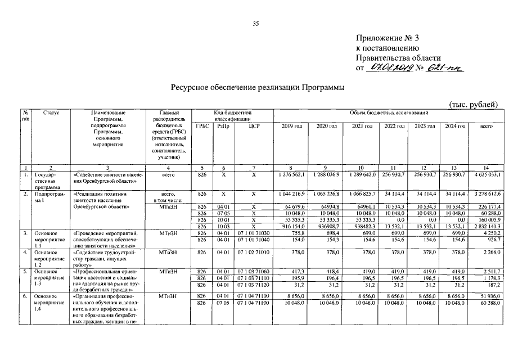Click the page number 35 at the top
[x=255, y=24]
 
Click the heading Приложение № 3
[x=388, y=38]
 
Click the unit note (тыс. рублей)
[x=474, y=105]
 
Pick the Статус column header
[x=51, y=113]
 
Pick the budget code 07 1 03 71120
[x=254, y=286]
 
